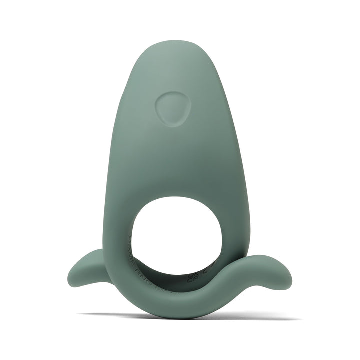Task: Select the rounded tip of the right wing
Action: pos(289,274)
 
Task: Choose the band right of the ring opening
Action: pos(230,235)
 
